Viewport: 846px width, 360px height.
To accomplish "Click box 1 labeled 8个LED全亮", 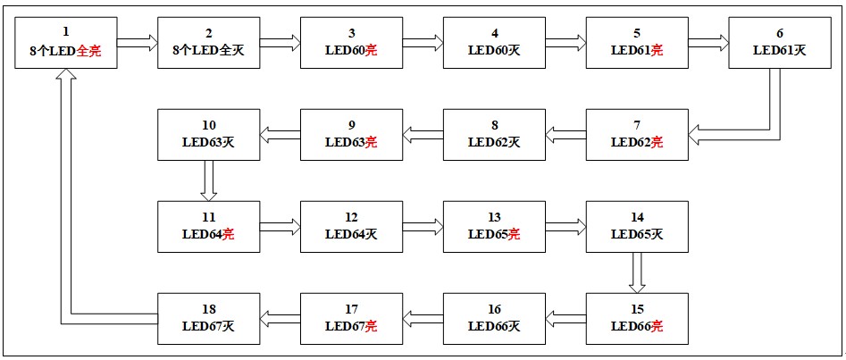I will point(65,42).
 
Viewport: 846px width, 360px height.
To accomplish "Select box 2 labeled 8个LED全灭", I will point(208,42).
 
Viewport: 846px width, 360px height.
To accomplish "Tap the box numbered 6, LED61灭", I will point(780,42).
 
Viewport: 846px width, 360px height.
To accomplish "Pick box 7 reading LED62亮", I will point(637,134).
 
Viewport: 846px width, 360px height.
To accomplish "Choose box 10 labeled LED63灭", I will point(208,134).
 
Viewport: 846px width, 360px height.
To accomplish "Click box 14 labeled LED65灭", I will point(637,227).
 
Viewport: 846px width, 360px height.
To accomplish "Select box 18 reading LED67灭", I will point(208,319).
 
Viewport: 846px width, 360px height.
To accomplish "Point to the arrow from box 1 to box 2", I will point(137,42).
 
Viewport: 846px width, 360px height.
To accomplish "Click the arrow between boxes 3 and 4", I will point(423,42).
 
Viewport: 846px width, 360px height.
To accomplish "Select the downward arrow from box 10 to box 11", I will point(208,180).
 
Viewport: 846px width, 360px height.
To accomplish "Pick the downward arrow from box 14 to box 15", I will point(637,272).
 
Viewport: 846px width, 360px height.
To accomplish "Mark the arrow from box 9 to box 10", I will point(280,135).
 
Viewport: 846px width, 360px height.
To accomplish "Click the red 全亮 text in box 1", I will point(89,51).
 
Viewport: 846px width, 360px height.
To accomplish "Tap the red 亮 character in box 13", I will point(515,235).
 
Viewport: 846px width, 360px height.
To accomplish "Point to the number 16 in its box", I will point(494,309).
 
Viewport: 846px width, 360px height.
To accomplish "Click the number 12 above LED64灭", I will point(351,217).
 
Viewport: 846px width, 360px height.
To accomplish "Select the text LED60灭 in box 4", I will point(494,51).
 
